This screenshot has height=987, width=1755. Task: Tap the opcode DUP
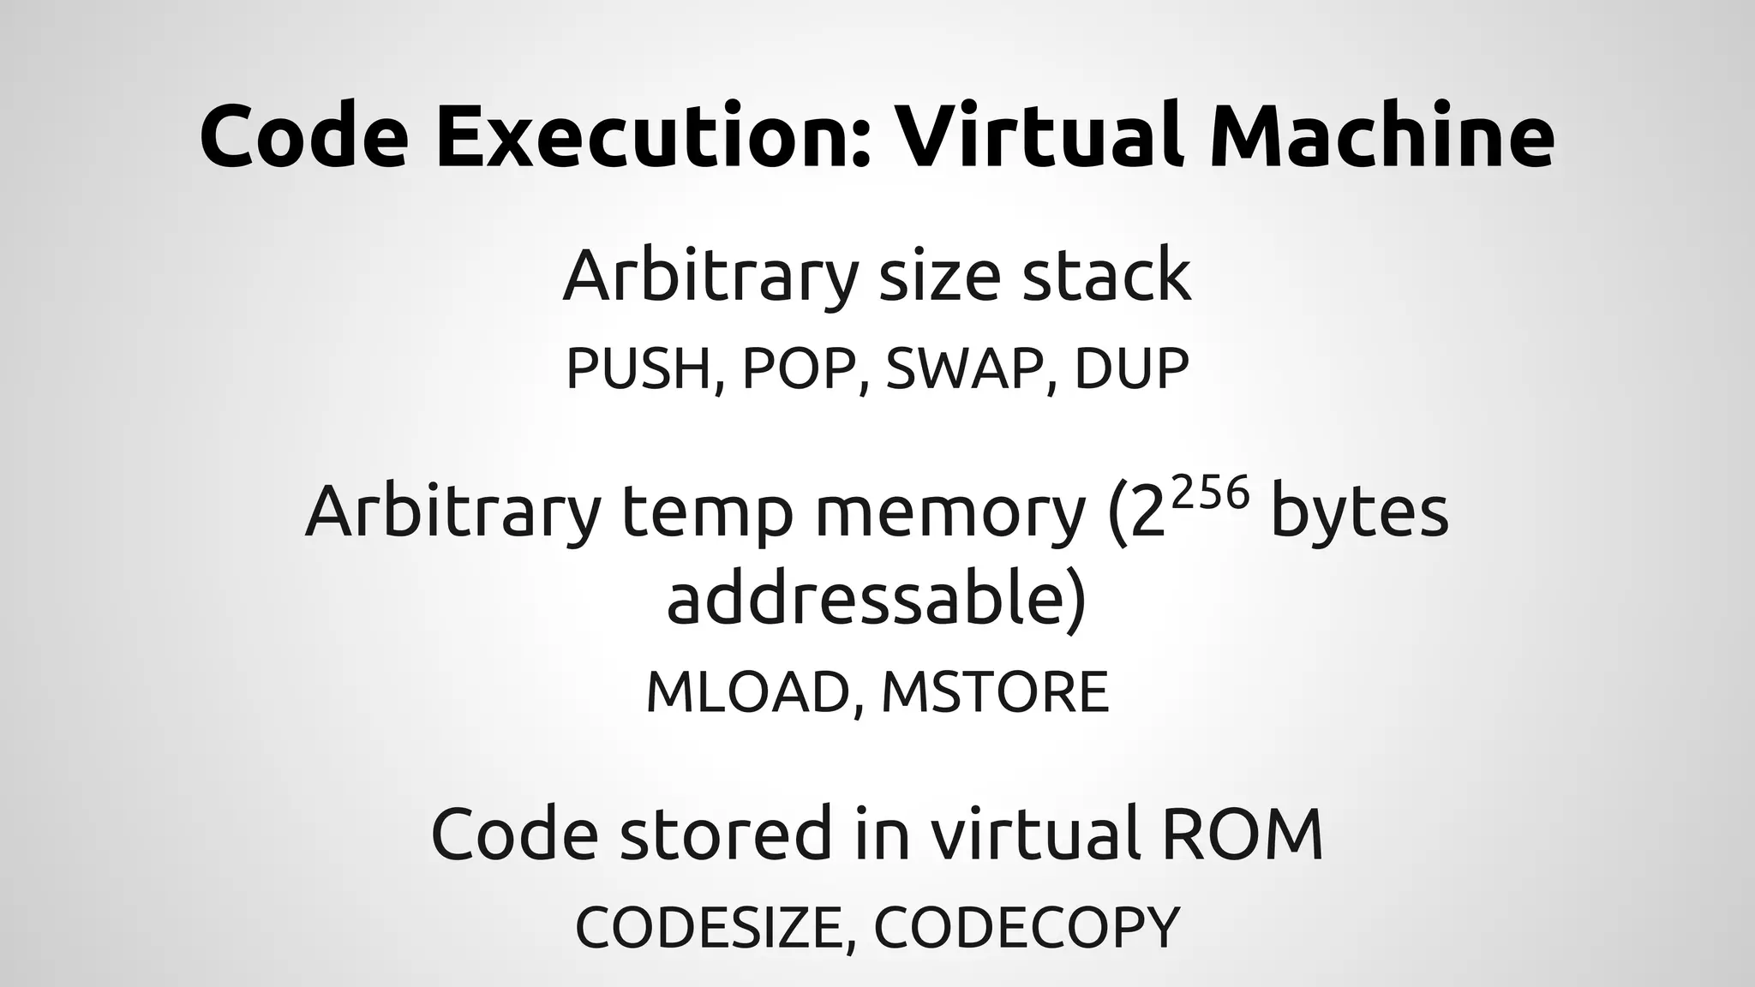[1131, 368]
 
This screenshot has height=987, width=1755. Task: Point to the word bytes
[1359, 512]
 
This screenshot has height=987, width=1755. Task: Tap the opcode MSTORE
[995, 692]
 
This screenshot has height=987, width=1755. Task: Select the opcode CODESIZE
[715, 926]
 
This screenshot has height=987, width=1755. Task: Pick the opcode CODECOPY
[1027, 926]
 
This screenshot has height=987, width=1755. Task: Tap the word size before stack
[939, 276]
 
